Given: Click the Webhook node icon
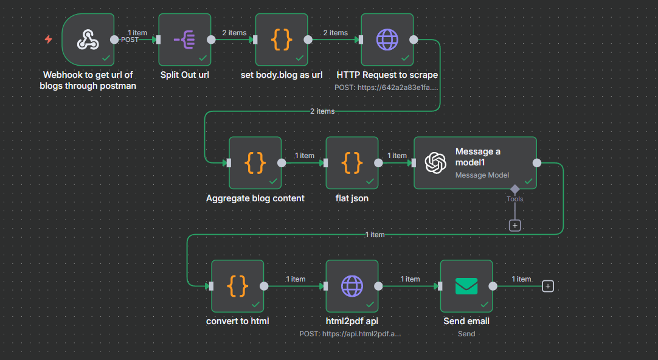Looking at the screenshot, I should pos(88,40).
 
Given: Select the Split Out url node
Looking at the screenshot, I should pos(184,40).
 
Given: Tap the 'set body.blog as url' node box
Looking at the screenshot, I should pos(281,40).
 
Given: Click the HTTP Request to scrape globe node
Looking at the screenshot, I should pos(387,40).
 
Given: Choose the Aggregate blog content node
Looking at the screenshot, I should pos(255,163).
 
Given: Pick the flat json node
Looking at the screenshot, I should pos(352,163).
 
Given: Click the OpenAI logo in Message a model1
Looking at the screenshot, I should pos(435,163).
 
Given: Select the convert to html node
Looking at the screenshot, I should pos(237,286).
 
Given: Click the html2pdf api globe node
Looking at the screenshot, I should pos(352,286).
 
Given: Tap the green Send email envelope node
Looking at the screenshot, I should pos(466,286).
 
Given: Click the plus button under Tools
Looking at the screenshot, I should pos(514,225).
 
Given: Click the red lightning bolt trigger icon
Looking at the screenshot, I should pos(49,40).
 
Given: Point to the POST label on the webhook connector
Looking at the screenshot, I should pos(130,40).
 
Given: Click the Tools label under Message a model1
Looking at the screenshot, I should pos(514,199).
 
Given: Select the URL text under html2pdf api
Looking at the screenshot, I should pos(350,334).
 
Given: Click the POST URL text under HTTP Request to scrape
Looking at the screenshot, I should pos(386,88).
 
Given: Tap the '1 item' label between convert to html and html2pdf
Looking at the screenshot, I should pos(296,279).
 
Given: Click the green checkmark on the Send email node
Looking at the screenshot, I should pos(485,304).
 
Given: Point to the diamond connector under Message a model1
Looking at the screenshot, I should pos(514,188).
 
